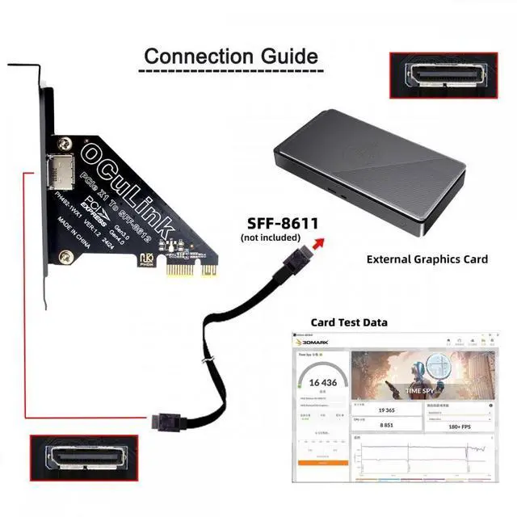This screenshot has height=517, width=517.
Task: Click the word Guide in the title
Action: tap(284, 57)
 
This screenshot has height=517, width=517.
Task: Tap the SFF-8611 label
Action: tap(271, 223)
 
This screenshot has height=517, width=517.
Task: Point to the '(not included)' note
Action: tap(271, 237)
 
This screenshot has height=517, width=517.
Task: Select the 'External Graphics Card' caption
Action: tap(427, 259)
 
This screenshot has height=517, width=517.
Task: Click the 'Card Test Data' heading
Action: tap(348, 322)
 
